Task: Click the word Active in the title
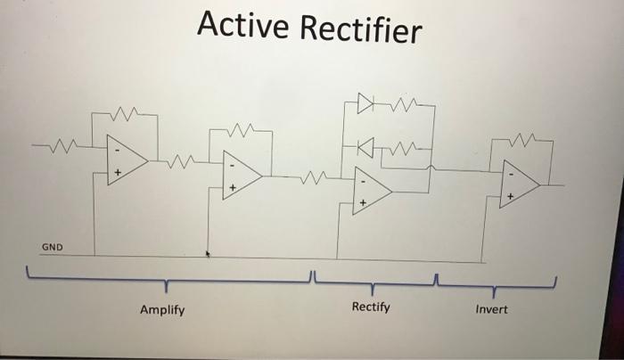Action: click(242, 24)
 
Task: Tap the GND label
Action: click(52, 247)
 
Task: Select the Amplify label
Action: click(162, 310)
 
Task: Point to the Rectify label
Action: click(371, 307)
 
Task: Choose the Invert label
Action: click(491, 309)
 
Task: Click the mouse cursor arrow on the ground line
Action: click(208, 254)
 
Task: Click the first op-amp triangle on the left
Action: click(127, 160)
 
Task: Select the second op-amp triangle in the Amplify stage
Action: click(242, 175)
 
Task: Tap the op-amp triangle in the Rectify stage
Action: click(372, 191)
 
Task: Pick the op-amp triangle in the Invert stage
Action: click(520, 184)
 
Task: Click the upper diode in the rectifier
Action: click(365, 103)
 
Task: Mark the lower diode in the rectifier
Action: click(365, 147)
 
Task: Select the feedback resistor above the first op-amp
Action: click(124, 114)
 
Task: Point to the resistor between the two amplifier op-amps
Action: click(180, 161)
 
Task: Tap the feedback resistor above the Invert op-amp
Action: click(522, 140)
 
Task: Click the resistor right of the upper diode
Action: click(404, 104)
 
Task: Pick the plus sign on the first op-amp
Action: click(118, 172)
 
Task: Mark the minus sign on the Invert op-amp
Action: click(511, 175)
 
